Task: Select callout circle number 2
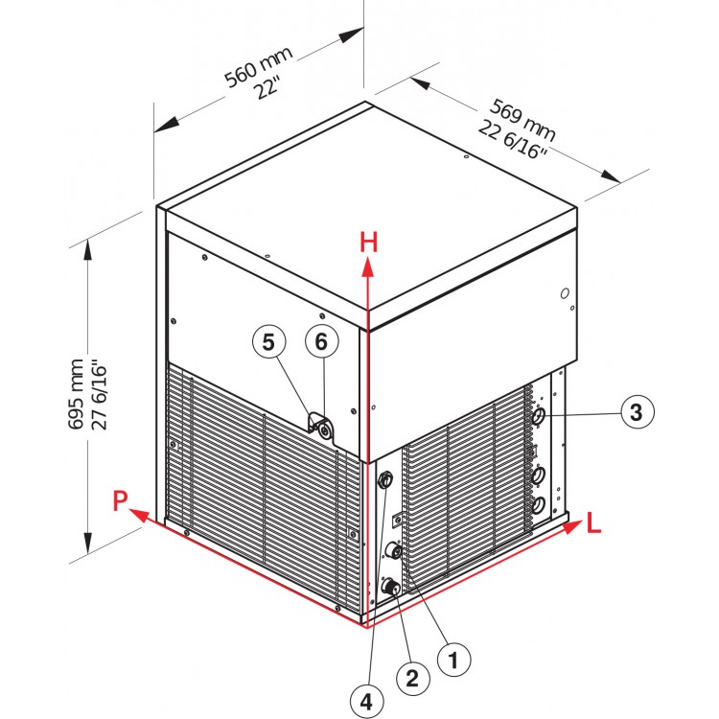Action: click(x=412, y=679)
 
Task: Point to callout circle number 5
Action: click(x=268, y=341)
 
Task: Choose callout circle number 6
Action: click(x=322, y=341)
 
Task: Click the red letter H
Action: click(x=369, y=243)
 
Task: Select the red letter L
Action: click(x=594, y=524)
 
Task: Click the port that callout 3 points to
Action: click(x=540, y=417)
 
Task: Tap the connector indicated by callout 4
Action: click(x=386, y=478)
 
